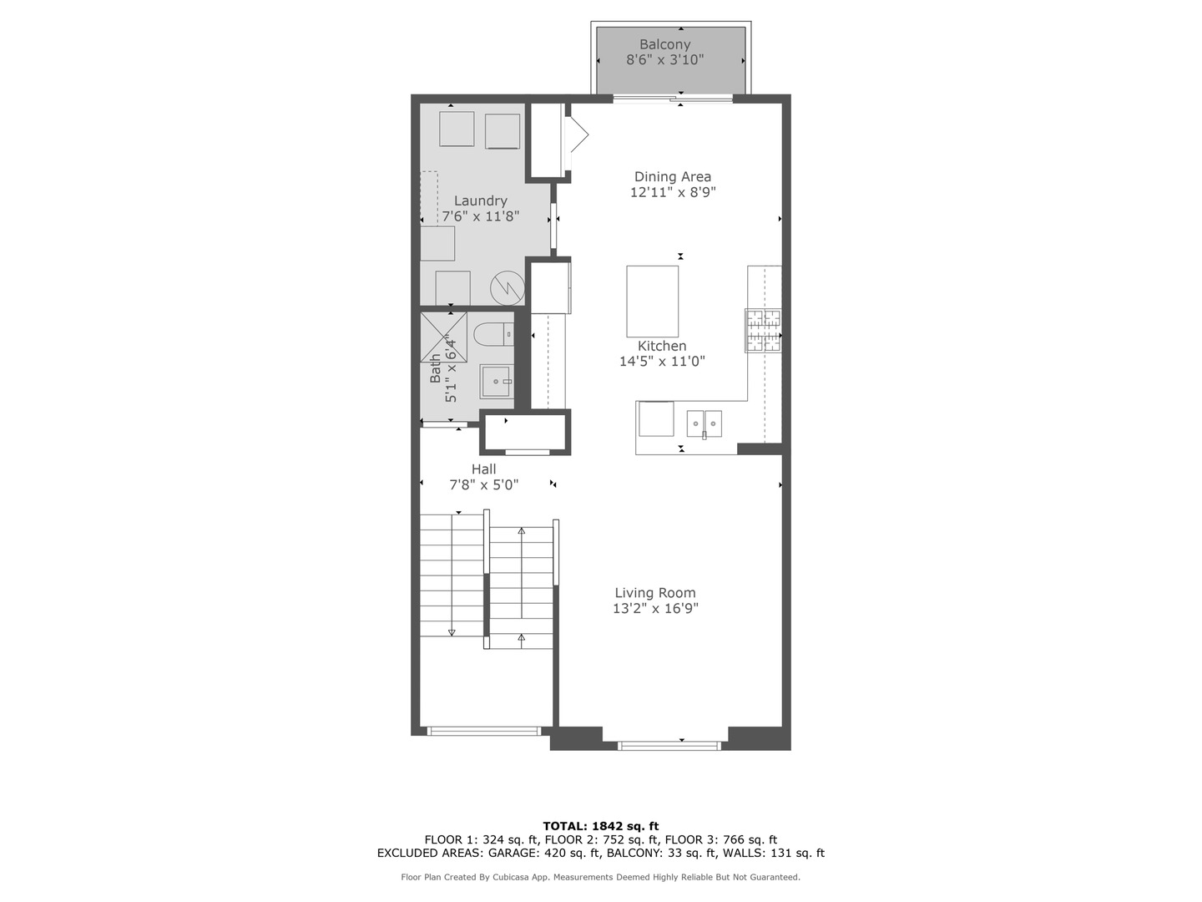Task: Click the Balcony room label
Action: tap(664, 44)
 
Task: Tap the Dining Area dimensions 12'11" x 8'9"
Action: tap(673, 192)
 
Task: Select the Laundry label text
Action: tap(480, 200)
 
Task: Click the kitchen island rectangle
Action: tap(652, 301)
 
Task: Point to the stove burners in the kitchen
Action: tap(763, 330)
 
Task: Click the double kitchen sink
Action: tap(704, 423)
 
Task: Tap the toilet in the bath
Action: tap(493, 335)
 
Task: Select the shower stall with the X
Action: tap(443, 337)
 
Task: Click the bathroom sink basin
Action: tap(496, 382)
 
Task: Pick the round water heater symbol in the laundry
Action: tap(505, 288)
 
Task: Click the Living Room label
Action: tap(655, 593)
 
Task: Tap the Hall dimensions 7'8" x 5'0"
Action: tap(484, 484)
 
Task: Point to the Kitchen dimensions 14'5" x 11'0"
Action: tap(662, 362)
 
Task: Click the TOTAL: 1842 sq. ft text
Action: tap(601, 826)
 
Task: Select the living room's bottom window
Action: tap(669, 745)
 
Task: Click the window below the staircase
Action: tap(484, 731)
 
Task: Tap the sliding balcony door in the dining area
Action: tap(673, 99)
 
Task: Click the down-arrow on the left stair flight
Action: tap(452, 631)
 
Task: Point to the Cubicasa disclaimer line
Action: tap(601, 877)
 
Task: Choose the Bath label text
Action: tap(436, 368)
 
